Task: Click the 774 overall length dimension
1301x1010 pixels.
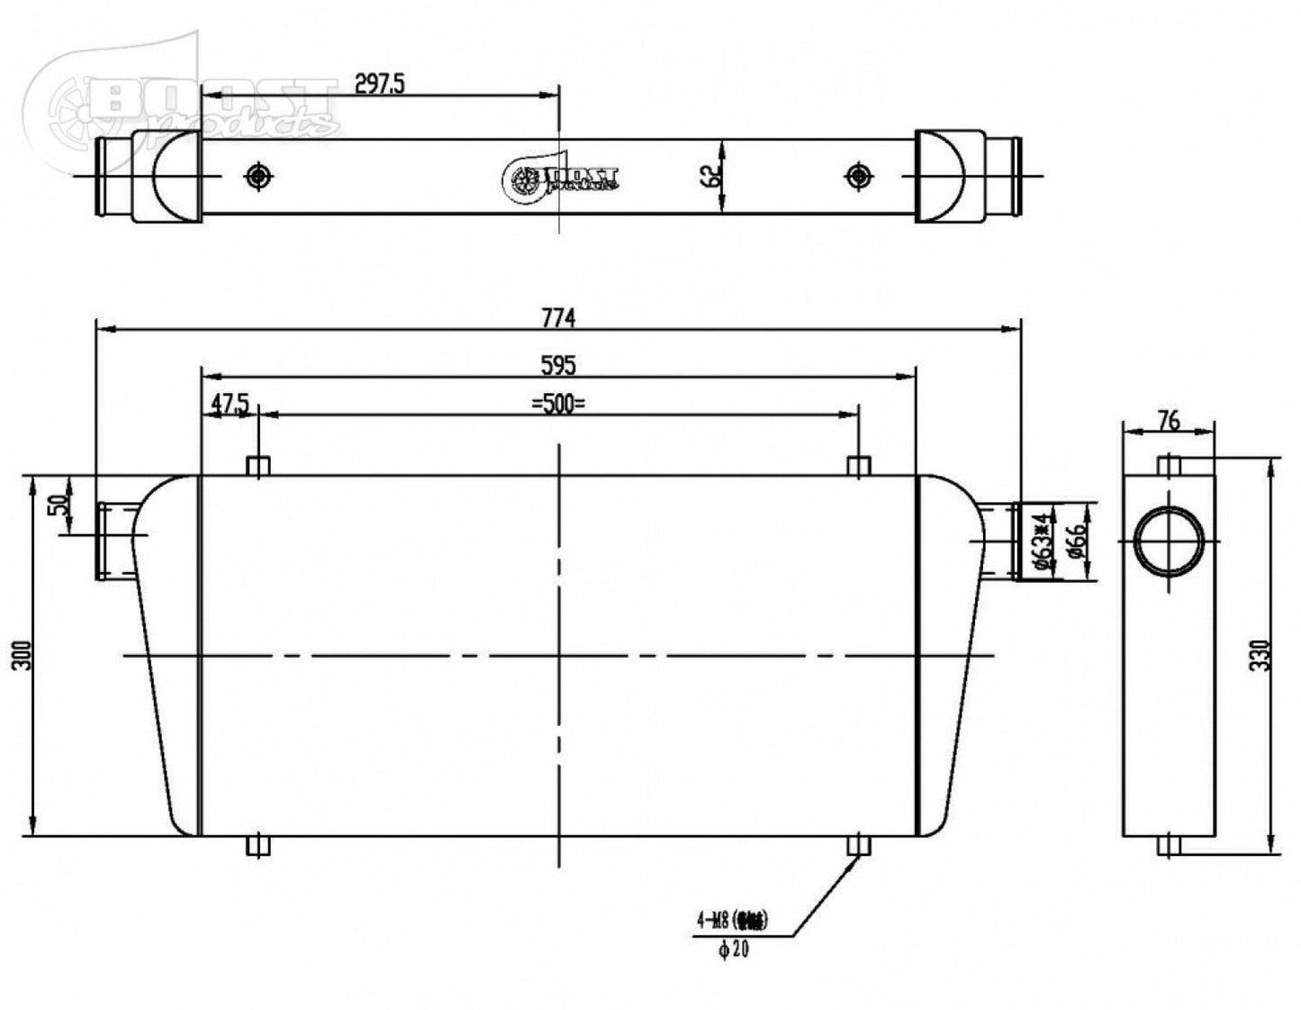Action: pos(557,318)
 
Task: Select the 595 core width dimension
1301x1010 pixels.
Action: pos(557,365)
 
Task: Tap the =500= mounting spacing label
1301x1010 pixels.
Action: pos(557,404)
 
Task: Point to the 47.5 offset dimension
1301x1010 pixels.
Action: pos(230,404)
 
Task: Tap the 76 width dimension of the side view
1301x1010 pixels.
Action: pos(1168,420)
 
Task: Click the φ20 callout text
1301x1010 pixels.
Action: pos(734,950)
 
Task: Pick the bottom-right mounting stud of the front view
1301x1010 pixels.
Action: pos(859,846)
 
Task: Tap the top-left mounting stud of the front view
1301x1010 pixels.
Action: pos(258,466)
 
